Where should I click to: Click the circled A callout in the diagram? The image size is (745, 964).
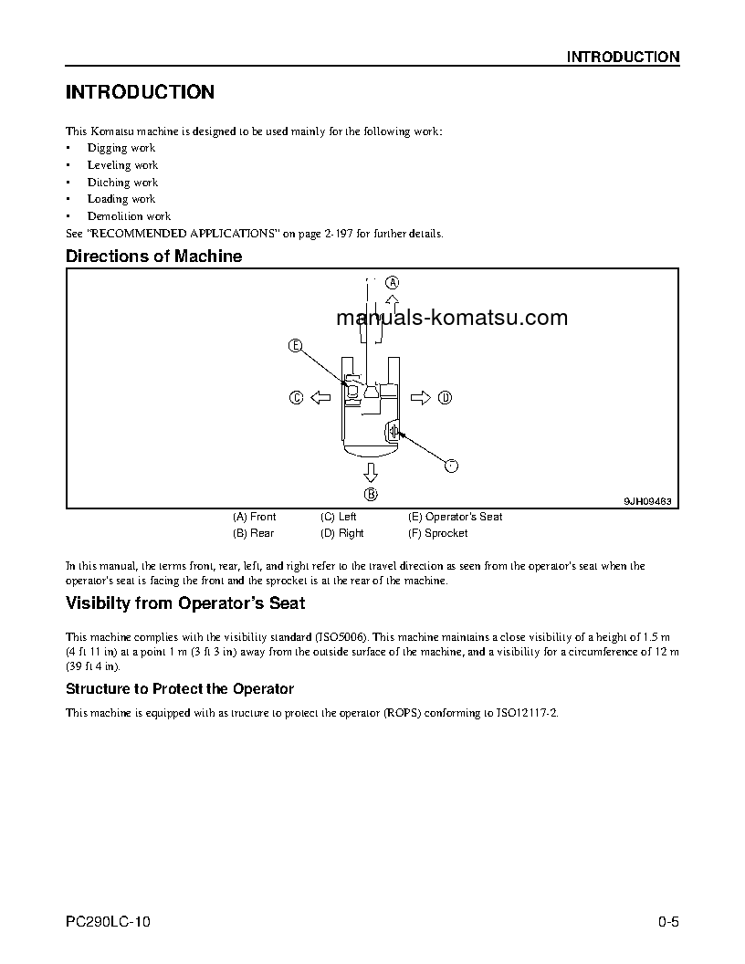392,281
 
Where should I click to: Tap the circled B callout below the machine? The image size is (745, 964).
371,494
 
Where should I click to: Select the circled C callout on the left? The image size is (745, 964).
296,397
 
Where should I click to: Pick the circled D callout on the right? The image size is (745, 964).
445,397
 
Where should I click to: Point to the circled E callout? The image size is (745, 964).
295,345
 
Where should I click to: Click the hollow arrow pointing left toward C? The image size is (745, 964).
320,397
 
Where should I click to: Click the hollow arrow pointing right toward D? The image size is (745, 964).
420,397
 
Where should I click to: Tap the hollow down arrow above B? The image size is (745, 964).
370,472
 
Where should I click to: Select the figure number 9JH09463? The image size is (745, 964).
647,501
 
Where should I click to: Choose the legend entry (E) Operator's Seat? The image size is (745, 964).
455,517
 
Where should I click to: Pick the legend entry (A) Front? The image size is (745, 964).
254,517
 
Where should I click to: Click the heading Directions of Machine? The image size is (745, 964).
153,257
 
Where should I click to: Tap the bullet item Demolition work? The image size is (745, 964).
129,216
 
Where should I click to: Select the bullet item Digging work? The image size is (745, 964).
121,148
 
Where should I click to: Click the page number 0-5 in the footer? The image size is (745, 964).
668,923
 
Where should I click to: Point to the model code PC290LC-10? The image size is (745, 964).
108,923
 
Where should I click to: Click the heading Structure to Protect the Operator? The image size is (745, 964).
179,688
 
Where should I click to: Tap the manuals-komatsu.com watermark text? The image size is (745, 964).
452,318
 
